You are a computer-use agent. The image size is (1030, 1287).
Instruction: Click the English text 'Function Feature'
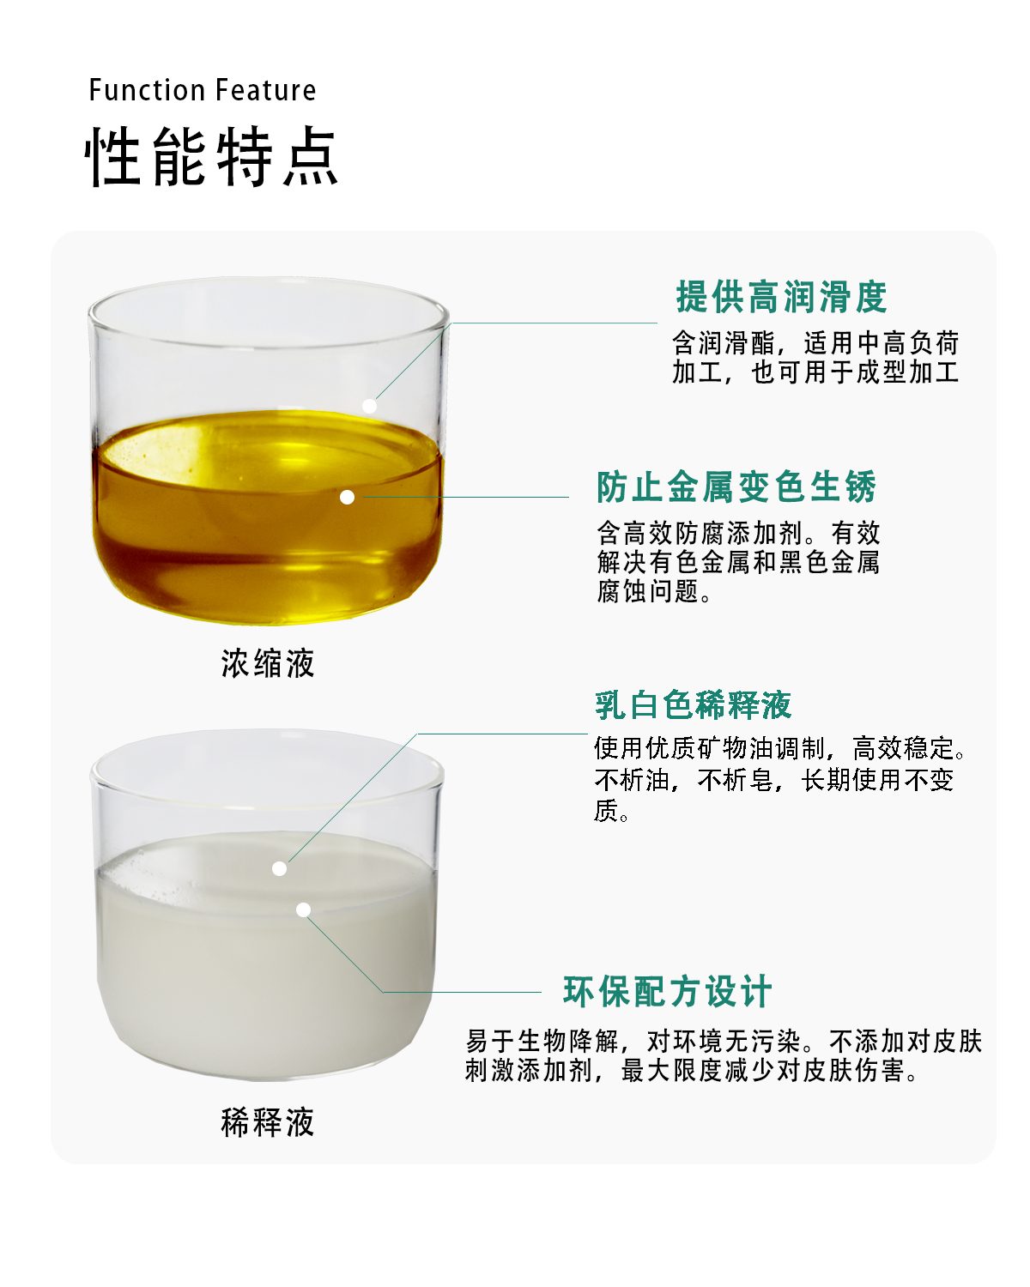point(203,90)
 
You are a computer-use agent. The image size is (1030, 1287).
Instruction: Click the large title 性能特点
point(211,156)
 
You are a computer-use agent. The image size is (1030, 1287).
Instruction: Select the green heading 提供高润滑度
point(782,297)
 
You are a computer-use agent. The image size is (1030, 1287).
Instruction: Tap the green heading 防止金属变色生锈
point(736,486)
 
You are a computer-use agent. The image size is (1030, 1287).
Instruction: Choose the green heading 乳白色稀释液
point(693,704)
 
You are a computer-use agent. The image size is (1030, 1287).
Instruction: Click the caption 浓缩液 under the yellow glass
point(268,663)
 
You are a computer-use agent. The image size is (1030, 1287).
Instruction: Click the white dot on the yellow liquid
point(347,497)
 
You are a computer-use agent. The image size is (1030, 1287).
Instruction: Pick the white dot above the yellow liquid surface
point(370,406)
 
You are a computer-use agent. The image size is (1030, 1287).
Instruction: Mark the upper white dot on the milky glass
point(280,869)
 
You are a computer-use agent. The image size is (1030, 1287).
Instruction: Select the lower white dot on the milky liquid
point(304,909)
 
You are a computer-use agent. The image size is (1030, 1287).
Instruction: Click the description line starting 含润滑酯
point(815,343)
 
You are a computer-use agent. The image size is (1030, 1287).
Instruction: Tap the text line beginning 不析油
point(774,780)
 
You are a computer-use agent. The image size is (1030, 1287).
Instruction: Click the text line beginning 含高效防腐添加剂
point(738,532)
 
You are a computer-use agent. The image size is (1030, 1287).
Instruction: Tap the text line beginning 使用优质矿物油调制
point(780,748)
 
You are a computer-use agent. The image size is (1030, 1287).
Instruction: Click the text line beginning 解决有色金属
point(738,562)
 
